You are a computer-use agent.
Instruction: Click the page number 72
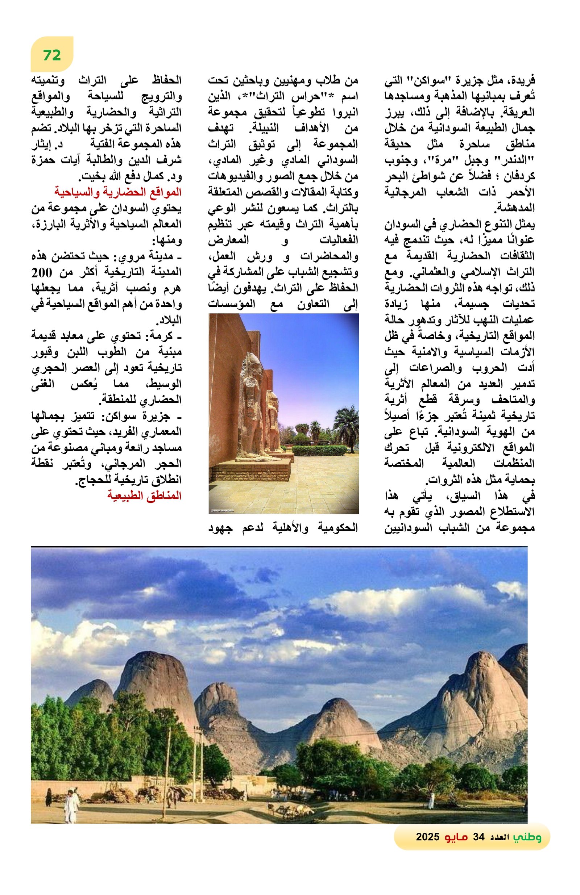52,55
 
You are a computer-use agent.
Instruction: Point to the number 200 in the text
43,272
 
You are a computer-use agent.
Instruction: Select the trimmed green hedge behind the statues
319,450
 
